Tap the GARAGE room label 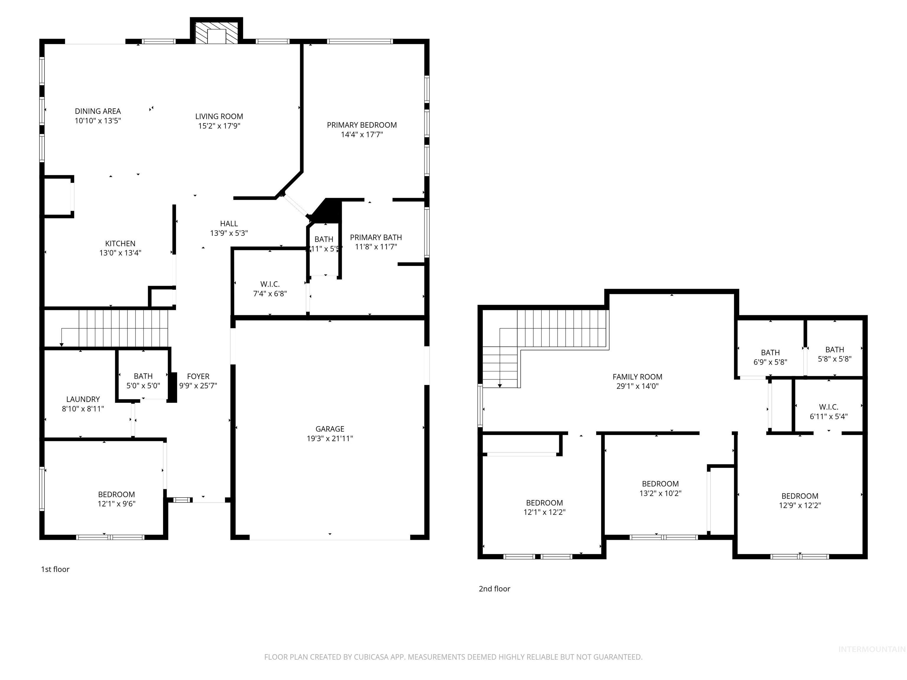[330, 429]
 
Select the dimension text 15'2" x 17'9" [219, 126]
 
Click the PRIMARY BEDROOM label [361, 125]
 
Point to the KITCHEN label [120, 243]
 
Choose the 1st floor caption [55, 569]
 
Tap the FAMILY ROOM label [637, 377]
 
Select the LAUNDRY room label [83, 399]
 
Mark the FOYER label [198, 376]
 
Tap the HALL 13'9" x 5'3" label [229, 228]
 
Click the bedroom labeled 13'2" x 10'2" [660, 488]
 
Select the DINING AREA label [98, 111]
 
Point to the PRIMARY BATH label [376, 237]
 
